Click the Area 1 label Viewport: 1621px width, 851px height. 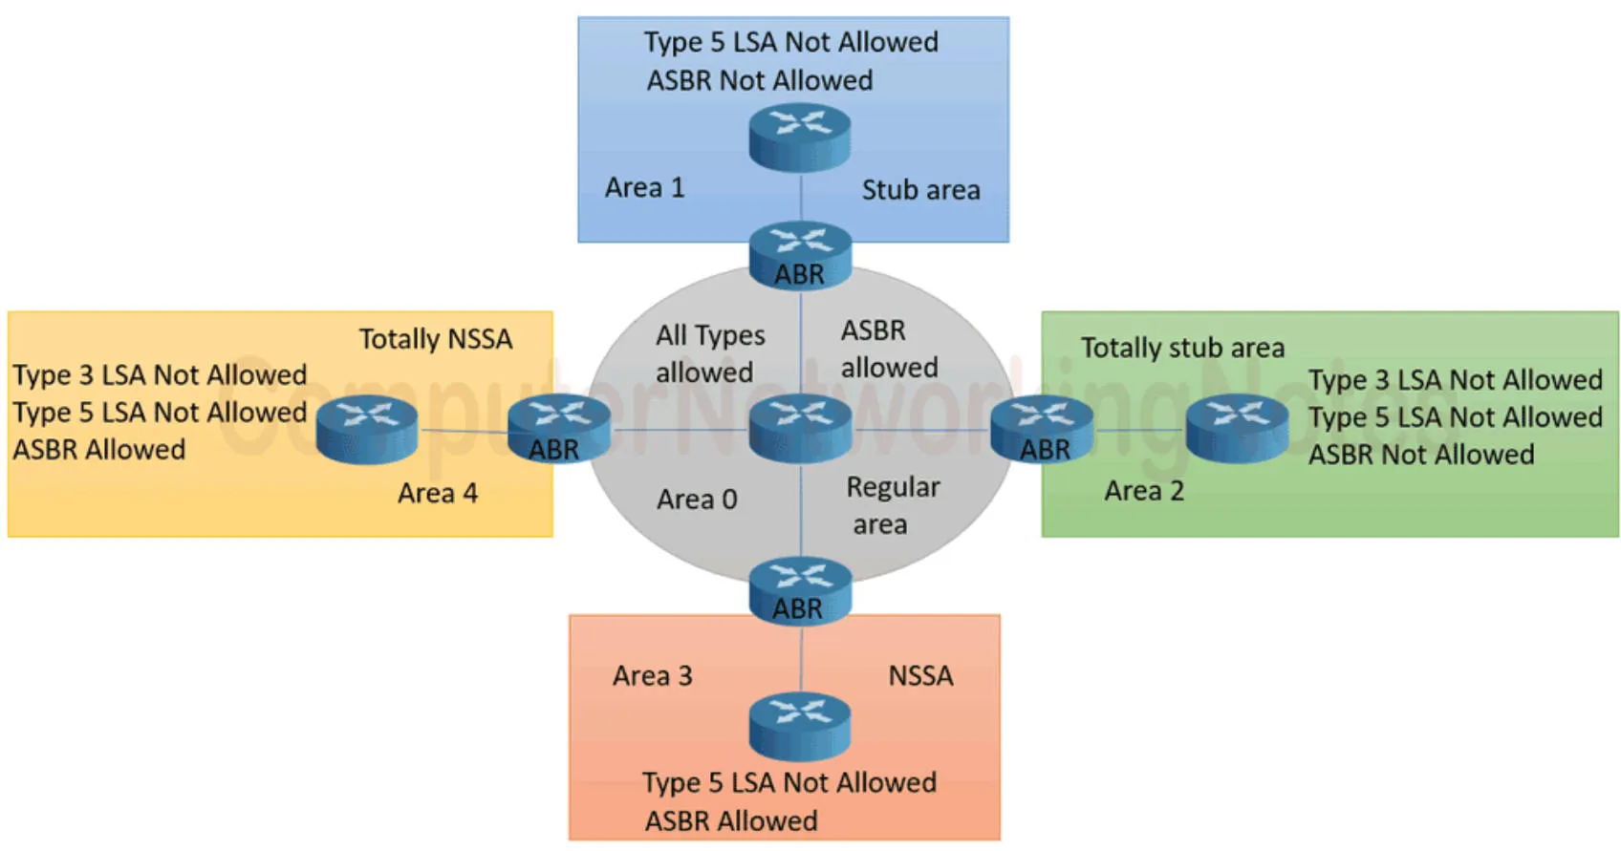644,187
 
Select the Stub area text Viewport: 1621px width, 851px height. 920,190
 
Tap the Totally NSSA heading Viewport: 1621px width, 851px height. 435,339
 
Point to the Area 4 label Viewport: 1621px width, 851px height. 437,493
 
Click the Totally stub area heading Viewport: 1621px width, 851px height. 1182,348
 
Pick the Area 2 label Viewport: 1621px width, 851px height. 1143,491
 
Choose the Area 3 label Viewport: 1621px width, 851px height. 652,676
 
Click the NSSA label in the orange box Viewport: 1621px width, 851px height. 920,676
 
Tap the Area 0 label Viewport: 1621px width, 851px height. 697,500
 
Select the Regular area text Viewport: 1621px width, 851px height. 891,505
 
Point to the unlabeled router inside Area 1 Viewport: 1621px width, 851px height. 800,137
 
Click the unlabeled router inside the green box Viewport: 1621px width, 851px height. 1237,428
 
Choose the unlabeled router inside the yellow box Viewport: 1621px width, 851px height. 367,428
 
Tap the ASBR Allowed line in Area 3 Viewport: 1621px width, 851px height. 731,820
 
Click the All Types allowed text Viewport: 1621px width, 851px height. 709,353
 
